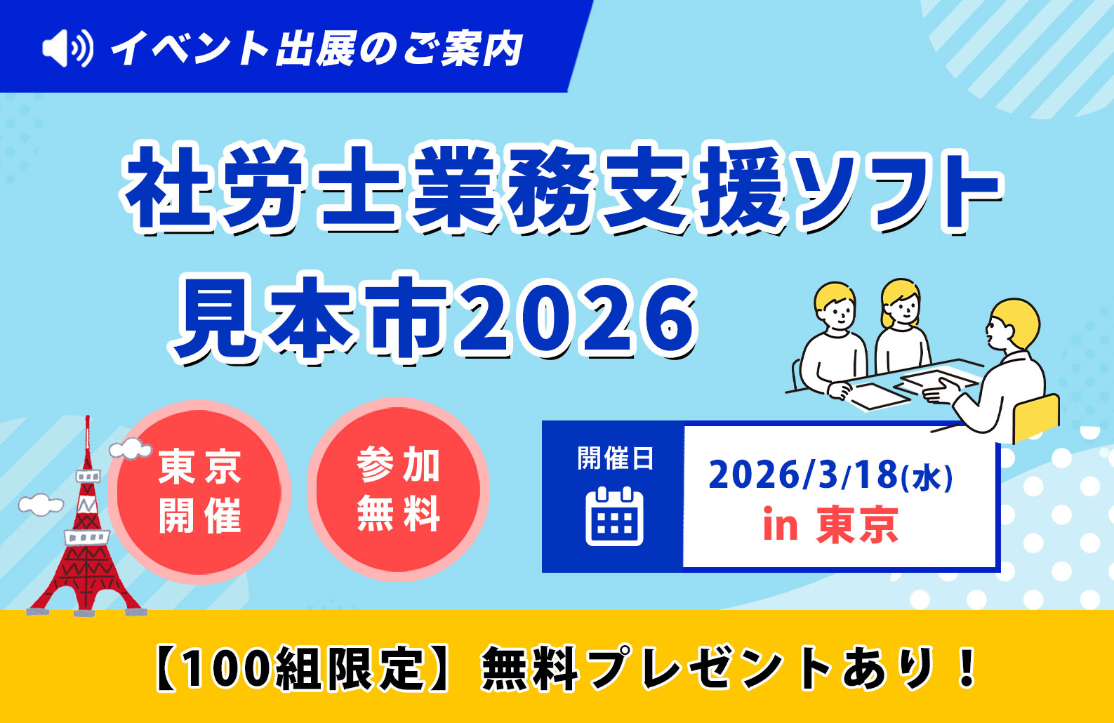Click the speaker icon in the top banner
(67, 48)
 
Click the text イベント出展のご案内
(317, 48)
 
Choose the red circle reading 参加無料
(398, 489)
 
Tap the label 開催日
(615, 458)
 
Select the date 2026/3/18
(804, 475)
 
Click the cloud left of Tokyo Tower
(41, 504)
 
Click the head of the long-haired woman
(900, 303)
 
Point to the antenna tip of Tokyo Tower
(88, 417)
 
